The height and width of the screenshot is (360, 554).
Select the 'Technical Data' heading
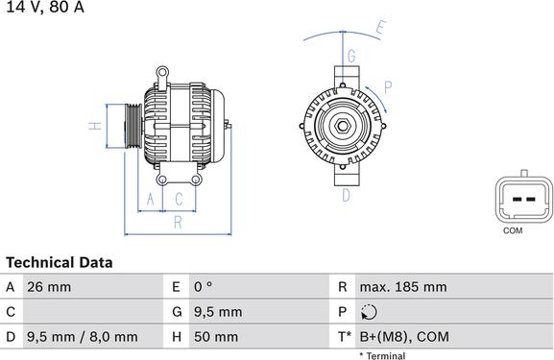click(60, 262)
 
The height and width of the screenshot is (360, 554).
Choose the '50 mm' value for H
click(218, 337)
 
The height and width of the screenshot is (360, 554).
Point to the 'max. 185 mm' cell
click(403, 287)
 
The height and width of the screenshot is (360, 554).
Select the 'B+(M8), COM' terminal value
click(404, 337)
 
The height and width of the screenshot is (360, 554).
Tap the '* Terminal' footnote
click(382, 355)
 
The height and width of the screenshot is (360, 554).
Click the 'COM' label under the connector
click(514, 230)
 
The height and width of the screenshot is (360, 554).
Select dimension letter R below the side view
click(178, 223)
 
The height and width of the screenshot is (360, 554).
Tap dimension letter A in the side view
click(149, 199)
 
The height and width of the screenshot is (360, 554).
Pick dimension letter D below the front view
click(346, 195)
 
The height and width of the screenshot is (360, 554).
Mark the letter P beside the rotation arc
click(387, 86)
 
